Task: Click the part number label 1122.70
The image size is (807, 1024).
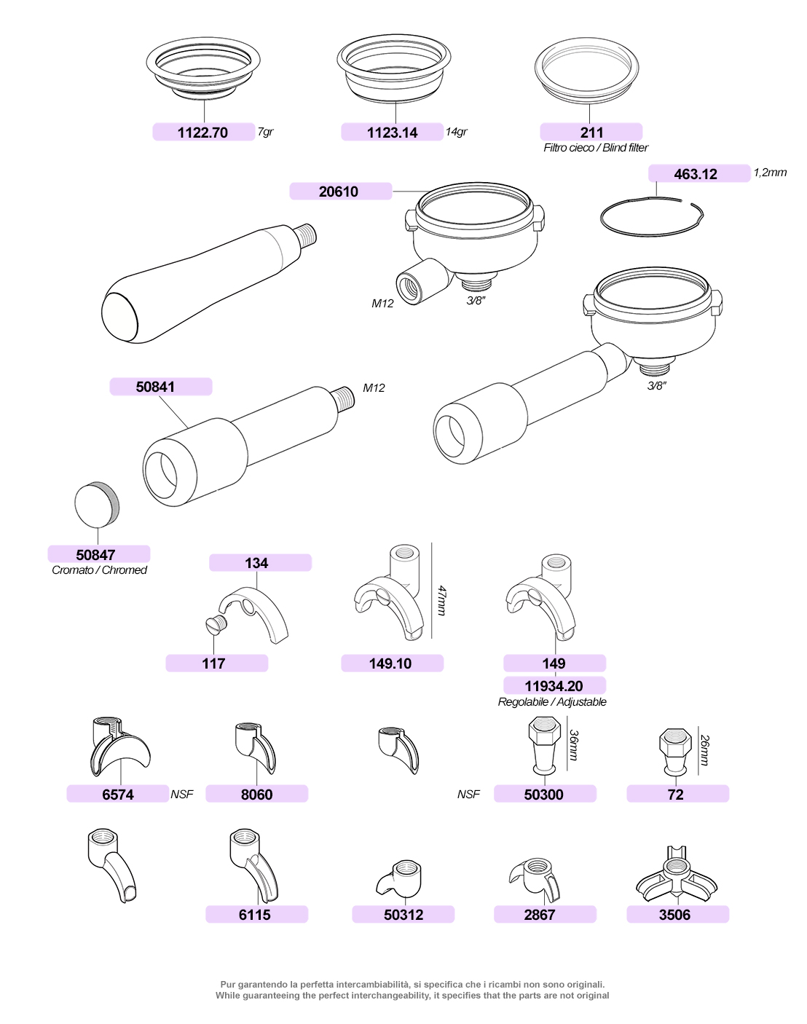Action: click(203, 133)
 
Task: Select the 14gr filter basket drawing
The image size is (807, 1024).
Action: click(393, 68)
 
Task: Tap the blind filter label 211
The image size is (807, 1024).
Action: click(591, 133)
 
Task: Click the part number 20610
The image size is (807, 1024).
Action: click(339, 192)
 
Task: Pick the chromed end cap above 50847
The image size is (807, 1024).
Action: click(97, 504)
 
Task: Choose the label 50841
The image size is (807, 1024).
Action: click(156, 387)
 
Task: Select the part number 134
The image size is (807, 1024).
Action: click(257, 563)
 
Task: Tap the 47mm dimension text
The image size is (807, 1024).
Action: click(441, 601)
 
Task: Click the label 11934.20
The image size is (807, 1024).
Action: click(554, 685)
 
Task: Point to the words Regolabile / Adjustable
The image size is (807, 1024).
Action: click(552, 702)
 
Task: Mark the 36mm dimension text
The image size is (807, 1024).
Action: click(574, 745)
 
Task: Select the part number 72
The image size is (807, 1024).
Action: click(676, 794)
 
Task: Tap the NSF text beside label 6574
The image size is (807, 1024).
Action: click(182, 794)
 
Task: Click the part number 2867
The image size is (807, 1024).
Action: click(540, 915)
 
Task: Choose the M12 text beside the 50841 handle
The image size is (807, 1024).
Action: click(374, 387)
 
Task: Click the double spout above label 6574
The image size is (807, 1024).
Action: click(120, 747)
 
